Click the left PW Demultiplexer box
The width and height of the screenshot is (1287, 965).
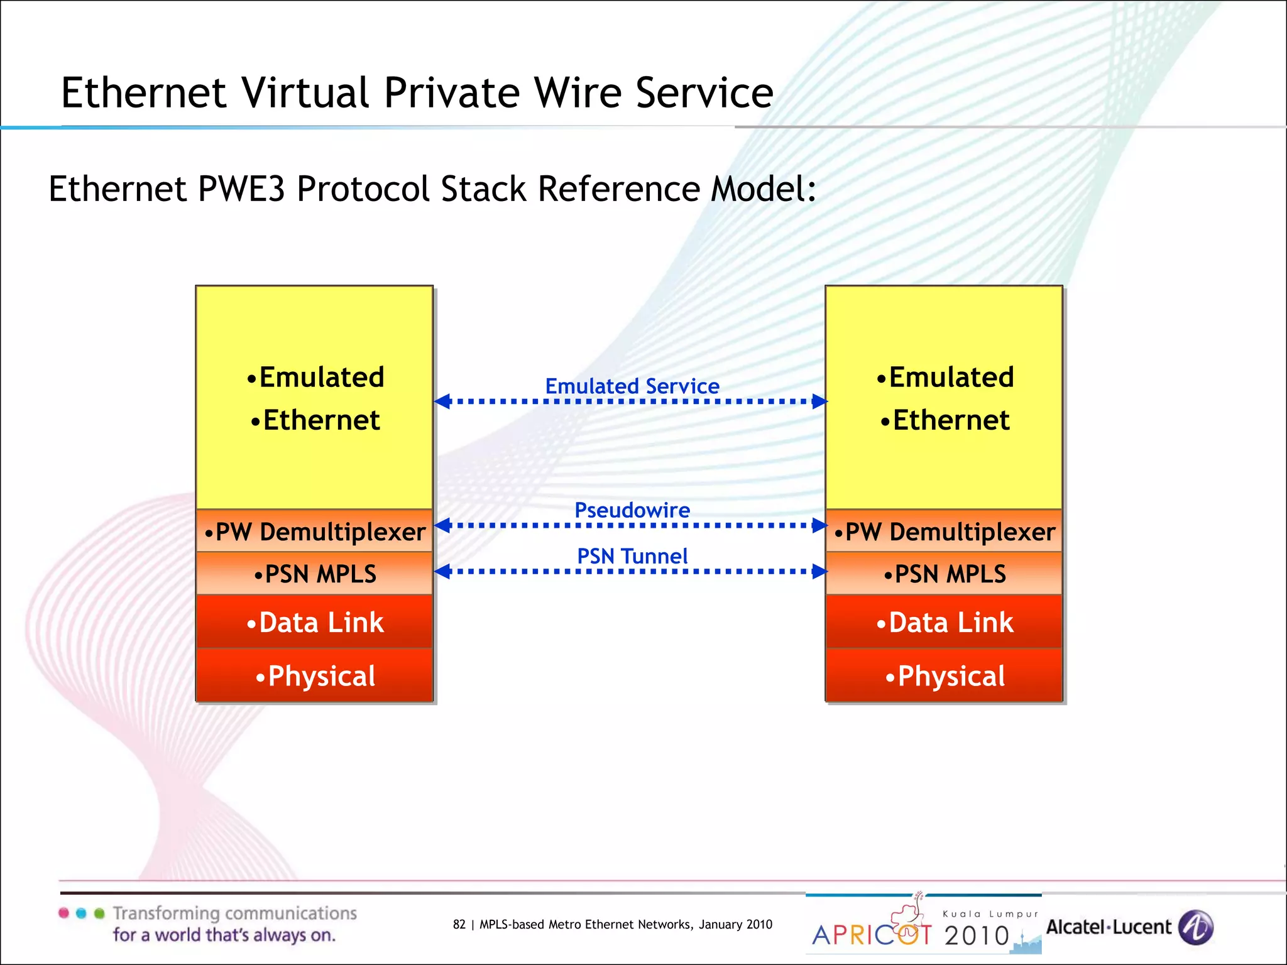coord(314,532)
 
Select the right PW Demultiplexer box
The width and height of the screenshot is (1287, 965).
coord(944,532)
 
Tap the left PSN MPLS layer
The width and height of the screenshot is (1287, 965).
coord(314,574)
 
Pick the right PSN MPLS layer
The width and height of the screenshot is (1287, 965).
coord(944,574)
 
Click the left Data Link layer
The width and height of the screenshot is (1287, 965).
coord(314,622)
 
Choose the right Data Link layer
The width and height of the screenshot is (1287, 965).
coord(944,622)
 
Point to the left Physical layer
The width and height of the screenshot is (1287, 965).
coord(314,676)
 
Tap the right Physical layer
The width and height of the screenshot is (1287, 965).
coord(944,676)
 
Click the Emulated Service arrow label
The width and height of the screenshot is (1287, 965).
coord(632,386)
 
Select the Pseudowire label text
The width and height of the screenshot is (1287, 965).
coord(632,510)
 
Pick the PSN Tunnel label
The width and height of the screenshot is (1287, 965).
coord(632,556)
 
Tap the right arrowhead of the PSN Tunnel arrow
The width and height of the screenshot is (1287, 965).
coord(819,571)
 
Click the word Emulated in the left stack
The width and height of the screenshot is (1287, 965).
coord(321,377)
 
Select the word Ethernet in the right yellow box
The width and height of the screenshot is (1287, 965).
coord(951,420)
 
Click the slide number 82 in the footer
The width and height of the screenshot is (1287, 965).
coord(459,924)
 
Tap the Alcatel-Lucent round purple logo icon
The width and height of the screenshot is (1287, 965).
coord(1195,927)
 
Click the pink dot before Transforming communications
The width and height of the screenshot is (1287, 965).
coord(63,913)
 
